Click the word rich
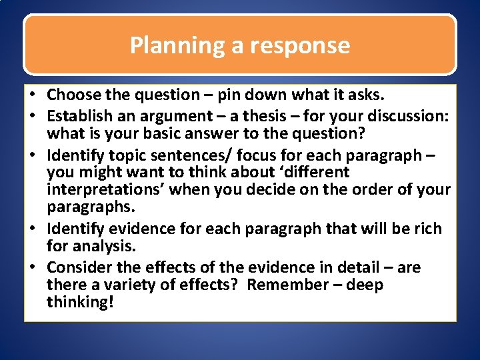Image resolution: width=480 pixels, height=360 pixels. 427,229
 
